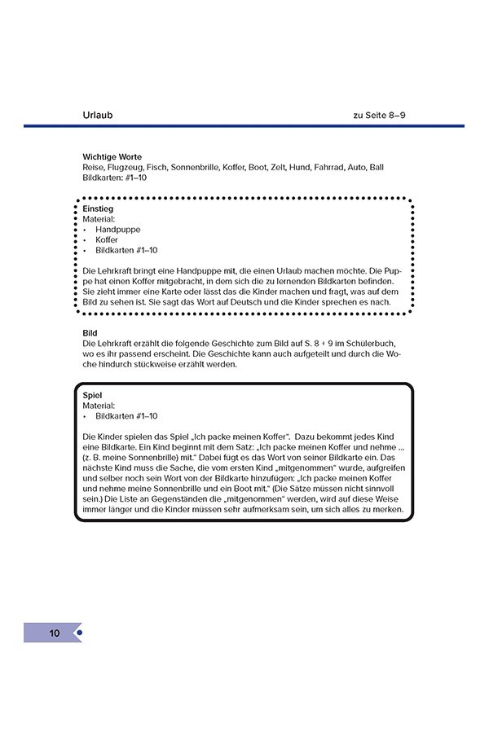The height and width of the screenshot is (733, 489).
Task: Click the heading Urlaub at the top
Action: pos(98,115)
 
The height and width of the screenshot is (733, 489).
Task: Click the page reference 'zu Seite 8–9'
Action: pos(380,115)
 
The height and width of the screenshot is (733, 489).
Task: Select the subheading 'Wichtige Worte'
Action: pos(112,156)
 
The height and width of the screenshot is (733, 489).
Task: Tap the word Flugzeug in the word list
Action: pos(126,167)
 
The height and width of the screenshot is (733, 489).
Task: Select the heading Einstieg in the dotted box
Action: pos(99,209)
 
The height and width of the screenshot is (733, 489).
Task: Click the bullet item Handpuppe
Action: pos(118,230)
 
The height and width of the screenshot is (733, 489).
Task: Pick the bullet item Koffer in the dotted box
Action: pos(107,240)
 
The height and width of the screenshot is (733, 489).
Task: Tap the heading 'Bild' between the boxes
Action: pos(90,334)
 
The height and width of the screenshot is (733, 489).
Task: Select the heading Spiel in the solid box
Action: pos(92,395)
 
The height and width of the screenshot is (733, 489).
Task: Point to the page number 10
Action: pos(55,633)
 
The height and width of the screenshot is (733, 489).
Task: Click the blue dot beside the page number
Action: pos(79,633)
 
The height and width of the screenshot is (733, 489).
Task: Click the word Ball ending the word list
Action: pos(377,167)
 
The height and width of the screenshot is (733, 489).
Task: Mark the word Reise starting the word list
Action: pos(93,167)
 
